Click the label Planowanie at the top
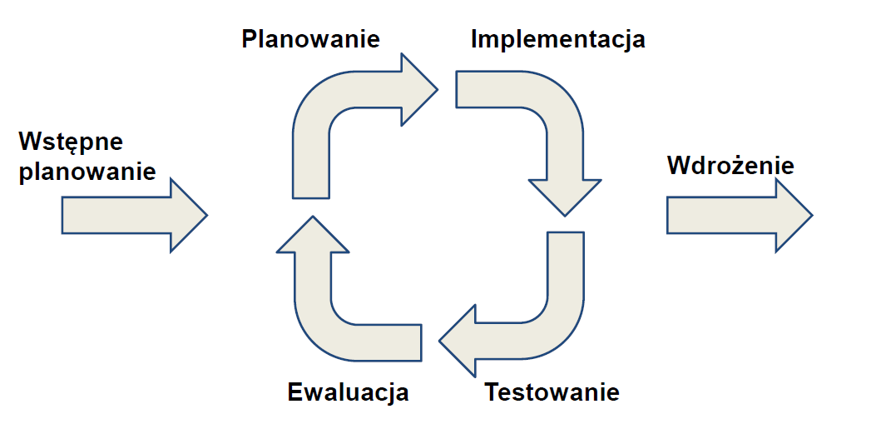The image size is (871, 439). [310, 38]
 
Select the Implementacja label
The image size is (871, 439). [557, 38]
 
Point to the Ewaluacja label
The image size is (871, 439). [348, 392]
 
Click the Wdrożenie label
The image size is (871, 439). [730, 165]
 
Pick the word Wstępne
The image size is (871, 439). [71, 141]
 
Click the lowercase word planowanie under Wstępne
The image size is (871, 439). [87, 172]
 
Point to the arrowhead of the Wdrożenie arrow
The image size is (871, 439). [793, 215]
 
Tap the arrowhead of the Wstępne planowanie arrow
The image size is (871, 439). [189, 215]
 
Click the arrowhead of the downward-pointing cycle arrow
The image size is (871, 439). [565, 196]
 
